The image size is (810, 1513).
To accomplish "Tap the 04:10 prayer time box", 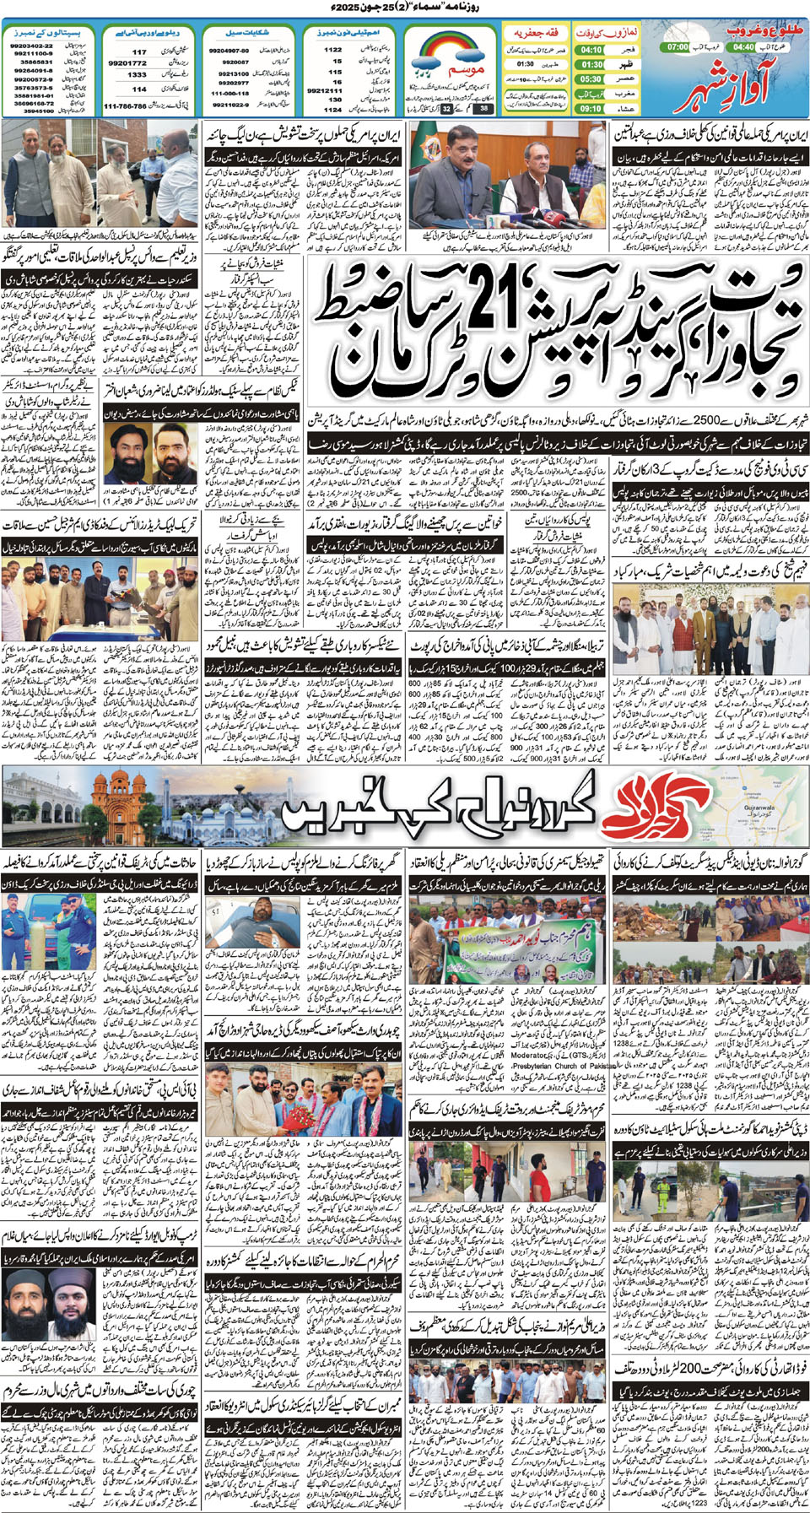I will (x=591, y=50).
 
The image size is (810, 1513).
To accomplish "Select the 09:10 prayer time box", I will (x=591, y=108).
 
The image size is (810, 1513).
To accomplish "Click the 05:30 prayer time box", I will (x=591, y=79).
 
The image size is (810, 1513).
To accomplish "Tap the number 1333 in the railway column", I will (x=138, y=75).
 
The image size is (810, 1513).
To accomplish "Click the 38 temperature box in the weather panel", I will (x=483, y=108).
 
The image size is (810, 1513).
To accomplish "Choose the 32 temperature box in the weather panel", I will (x=446, y=108).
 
